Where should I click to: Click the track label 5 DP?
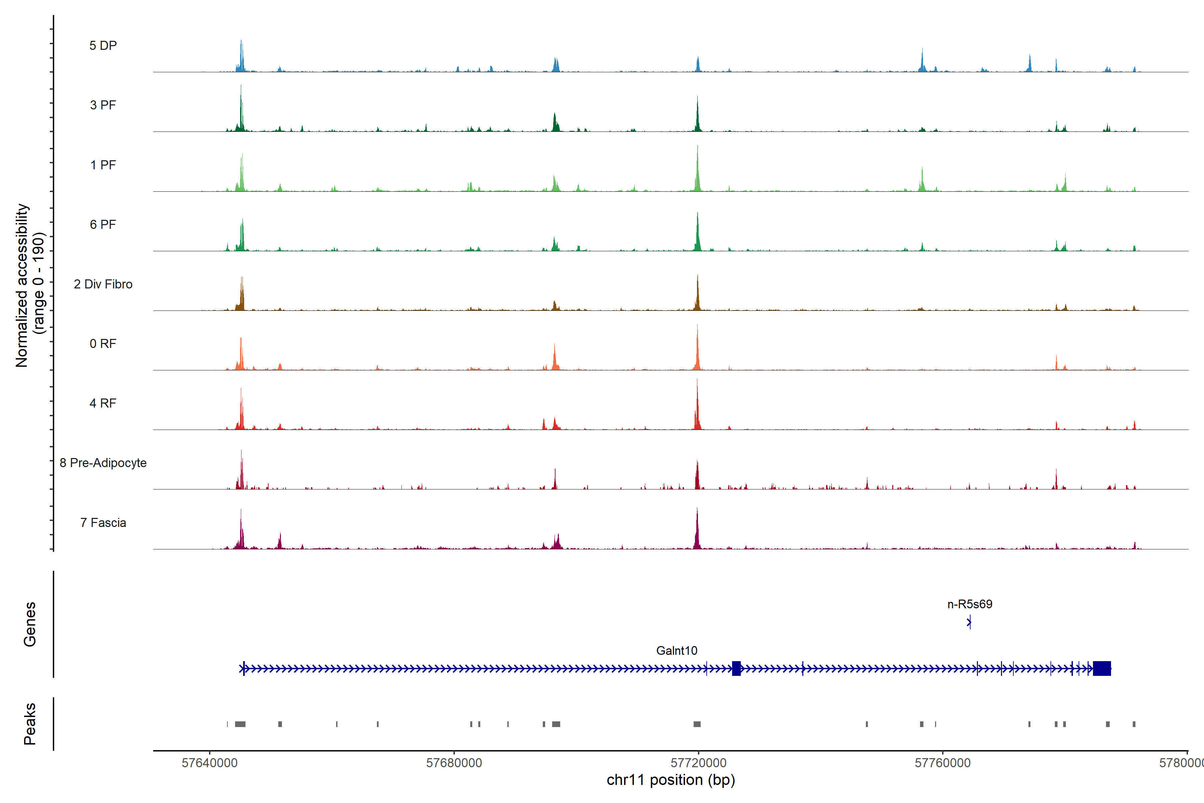tap(103, 46)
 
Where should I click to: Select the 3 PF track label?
tap(103, 105)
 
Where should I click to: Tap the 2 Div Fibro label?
tap(103, 284)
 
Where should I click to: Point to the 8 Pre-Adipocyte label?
tap(103, 463)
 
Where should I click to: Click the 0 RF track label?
tap(103, 344)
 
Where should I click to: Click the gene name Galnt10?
tap(676, 650)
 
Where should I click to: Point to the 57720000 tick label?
tap(698, 763)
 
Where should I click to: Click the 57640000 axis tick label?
tap(209, 763)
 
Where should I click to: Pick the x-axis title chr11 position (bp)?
tap(671, 780)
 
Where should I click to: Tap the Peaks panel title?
tap(30, 724)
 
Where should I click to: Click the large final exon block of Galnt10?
tap(1102, 668)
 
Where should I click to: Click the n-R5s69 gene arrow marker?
tap(969, 623)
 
